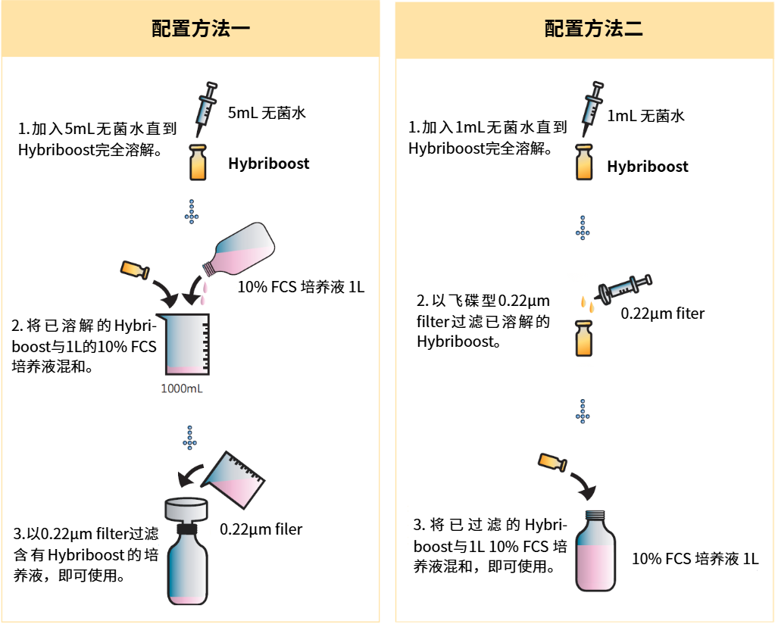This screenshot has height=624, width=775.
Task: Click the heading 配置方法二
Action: (x=583, y=30)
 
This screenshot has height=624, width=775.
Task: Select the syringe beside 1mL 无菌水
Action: (x=591, y=105)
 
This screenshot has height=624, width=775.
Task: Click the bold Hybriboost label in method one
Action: (x=269, y=164)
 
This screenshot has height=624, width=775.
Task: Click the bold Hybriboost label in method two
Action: (x=648, y=167)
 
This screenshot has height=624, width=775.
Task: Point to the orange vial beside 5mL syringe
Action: (x=198, y=163)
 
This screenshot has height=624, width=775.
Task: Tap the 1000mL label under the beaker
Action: (x=182, y=390)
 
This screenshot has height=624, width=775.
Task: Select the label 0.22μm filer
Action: (x=261, y=529)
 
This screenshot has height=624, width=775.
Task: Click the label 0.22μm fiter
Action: (x=663, y=313)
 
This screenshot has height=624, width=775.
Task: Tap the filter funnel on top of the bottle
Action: (x=186, y=509)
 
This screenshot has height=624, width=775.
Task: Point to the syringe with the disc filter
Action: (x=624, y=287)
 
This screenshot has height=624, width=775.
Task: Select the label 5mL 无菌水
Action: (x=267, y=114)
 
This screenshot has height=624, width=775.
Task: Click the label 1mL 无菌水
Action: (x=646, y=116)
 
